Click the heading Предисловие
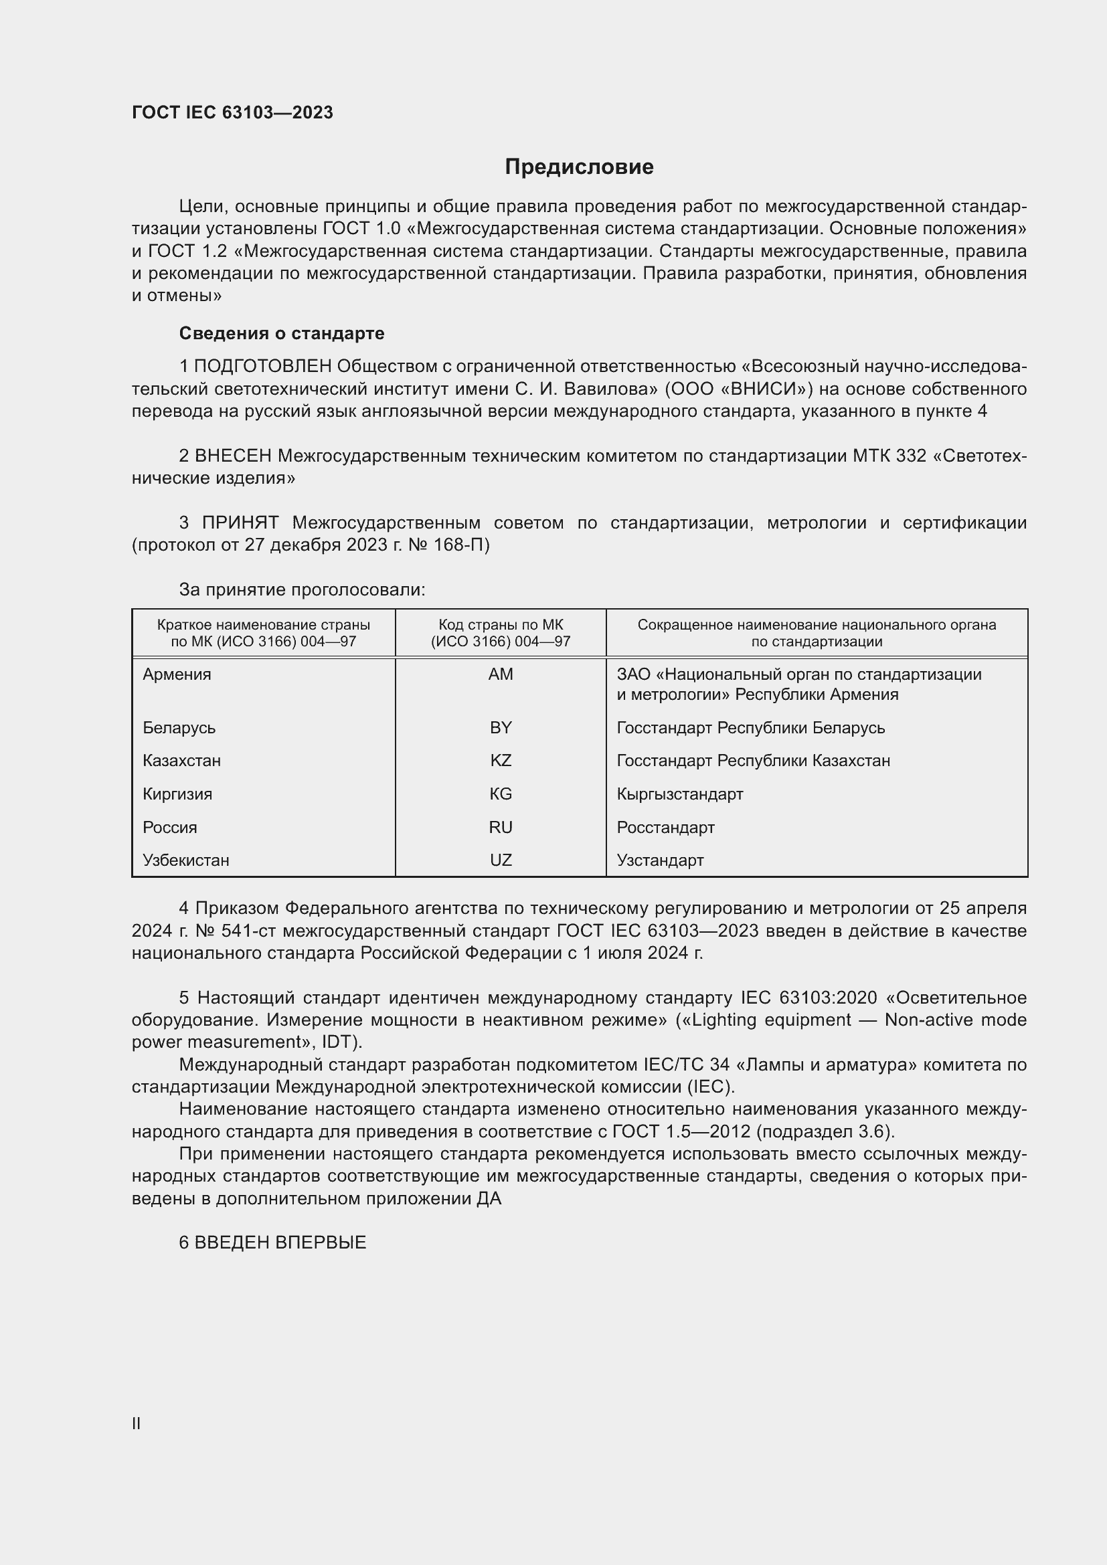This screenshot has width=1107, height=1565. tap(579, 167)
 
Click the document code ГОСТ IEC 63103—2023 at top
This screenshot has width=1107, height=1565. tap(232, 112)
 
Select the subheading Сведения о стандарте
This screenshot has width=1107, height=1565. tap(282, 333)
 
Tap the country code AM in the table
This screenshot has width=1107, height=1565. tap(501, 674)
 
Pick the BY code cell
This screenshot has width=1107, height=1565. tap(501, 727)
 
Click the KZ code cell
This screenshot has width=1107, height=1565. tap(501, 760)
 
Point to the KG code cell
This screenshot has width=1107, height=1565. tap(501, 794)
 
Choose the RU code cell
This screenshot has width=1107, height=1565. tap(501, 827)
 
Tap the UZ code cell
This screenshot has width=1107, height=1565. tap(501, 860)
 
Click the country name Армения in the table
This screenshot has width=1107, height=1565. tap(177, 674)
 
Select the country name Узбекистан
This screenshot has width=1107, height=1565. tap(186, 860)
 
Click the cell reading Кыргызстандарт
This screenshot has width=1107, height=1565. tap(679, 794)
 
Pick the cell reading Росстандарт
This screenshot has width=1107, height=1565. tap(665, 827)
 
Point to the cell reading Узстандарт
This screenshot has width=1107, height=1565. tap(660, 860)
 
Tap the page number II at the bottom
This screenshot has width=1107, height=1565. tap(137, 1423)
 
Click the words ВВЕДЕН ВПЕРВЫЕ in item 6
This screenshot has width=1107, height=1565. tap(280, 1242)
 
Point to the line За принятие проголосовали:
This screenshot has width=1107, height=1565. tap(302, 589)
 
